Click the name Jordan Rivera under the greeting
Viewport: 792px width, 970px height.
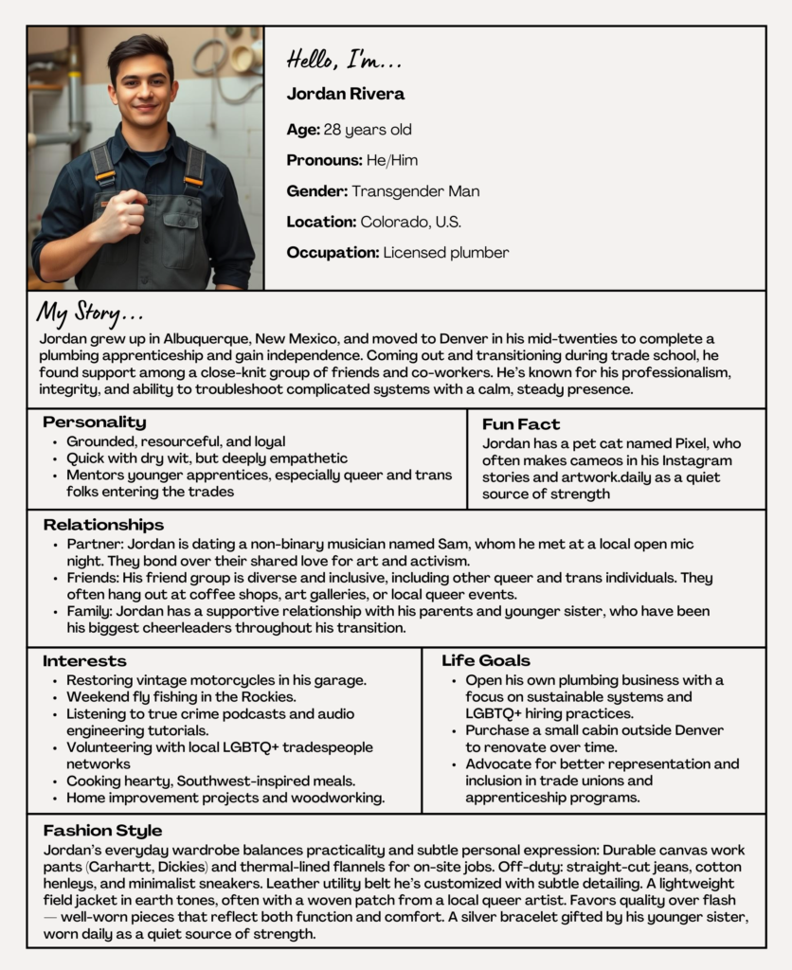(345, 94)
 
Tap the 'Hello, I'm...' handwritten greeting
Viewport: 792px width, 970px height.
(344, 62)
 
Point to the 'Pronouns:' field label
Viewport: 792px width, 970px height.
(324, 160)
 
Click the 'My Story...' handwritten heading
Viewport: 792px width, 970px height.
(90, 312)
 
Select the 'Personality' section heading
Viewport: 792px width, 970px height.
(94, 422)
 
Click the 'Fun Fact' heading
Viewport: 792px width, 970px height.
(520, 424)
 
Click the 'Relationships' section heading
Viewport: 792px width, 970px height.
(102, 525)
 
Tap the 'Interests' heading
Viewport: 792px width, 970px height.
(84, 661)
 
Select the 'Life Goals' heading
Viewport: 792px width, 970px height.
(485, 661)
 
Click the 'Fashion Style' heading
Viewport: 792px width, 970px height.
(102, 831)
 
